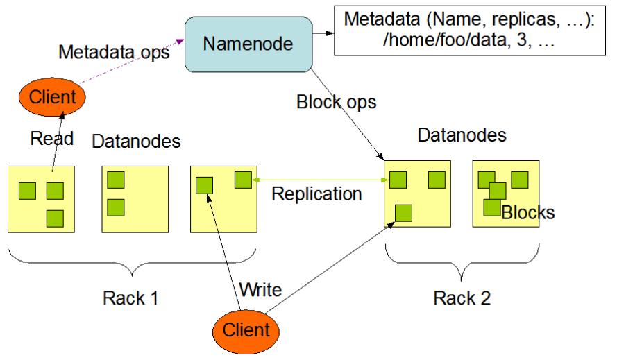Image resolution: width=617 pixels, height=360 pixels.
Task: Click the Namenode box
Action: click(x=248, y=44)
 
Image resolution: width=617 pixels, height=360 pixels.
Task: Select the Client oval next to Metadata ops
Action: click(x=52, y=97)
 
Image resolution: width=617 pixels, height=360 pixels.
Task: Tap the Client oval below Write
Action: click(x=246, y=329)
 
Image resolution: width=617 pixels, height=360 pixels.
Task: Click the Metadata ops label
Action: click(x=114, y=52)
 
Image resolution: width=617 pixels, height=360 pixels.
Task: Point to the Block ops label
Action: click(x=336, y=102)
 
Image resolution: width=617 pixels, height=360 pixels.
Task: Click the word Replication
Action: click(x=316, y=194)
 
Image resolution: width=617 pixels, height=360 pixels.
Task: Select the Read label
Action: click(x=51, y=139)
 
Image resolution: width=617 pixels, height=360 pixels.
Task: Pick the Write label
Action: click(x=260, y=289)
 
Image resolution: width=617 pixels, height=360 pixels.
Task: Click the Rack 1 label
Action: click(x=130, y=298)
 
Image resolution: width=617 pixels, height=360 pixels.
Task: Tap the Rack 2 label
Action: click(x=462, y=298)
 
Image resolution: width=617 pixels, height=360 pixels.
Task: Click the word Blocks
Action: click(x=528, y=212)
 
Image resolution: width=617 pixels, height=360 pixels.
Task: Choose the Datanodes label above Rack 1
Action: click(x=136, y=142)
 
